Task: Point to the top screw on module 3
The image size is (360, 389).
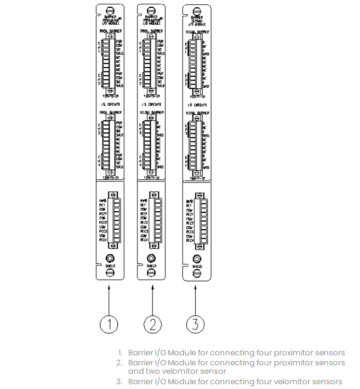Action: [196, 11]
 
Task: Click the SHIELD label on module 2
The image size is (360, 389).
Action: [152, 266]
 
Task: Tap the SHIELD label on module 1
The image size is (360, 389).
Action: [108, 266]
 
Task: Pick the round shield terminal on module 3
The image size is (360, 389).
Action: [196, 259]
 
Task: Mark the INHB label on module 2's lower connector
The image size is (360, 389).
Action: [143, 201]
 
